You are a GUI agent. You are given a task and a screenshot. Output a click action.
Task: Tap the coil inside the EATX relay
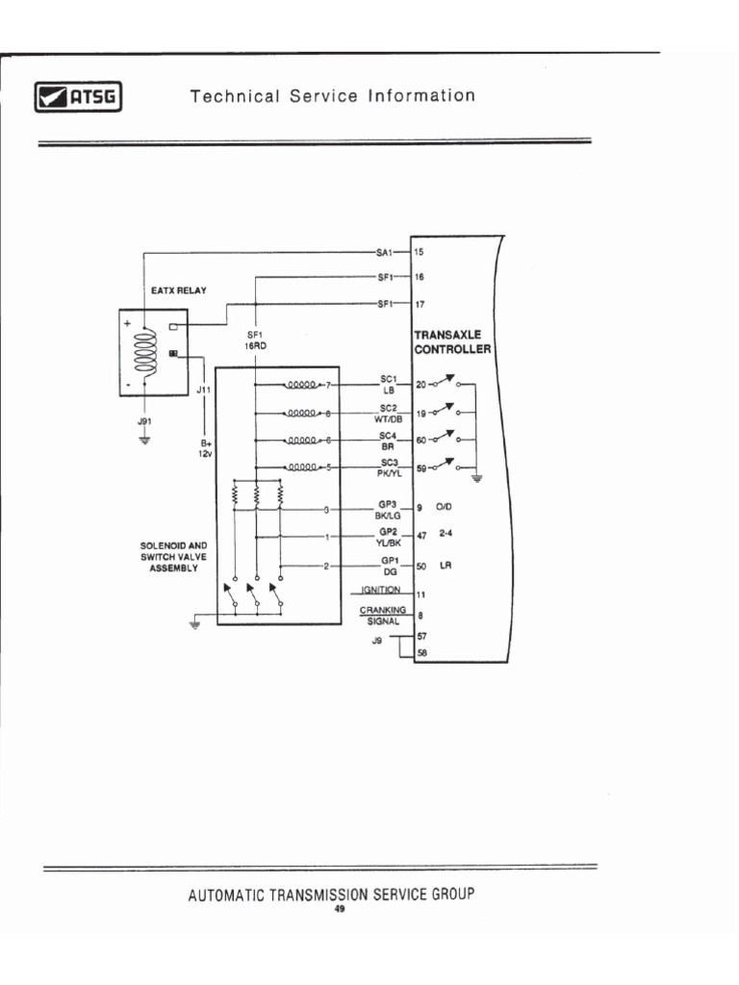point(147,353)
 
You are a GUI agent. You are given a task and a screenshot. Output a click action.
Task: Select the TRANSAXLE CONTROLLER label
point(453,341)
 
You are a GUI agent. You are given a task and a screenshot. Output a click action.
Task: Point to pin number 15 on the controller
point(419,252)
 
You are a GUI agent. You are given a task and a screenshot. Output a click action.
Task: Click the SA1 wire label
point(384,252)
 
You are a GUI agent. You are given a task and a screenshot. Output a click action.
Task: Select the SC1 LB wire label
point(389,385)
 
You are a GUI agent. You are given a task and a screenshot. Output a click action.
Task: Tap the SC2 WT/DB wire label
point(389,413)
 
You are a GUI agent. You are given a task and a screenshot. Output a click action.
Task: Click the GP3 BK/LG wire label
point(389,510)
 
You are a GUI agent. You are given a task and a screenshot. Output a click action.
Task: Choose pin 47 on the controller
point(420,536)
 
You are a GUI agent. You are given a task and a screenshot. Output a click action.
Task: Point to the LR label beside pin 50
point(446,566)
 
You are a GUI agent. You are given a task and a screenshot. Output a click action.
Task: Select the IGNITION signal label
point(381,590)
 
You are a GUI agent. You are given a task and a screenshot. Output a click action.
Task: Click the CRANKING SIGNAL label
point(383,615)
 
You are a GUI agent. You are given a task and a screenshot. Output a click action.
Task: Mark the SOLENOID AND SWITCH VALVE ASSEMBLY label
point(173,557)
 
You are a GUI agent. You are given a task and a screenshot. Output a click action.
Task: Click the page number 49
point(338,908)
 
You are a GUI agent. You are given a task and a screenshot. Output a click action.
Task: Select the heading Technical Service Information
point(332,96)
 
